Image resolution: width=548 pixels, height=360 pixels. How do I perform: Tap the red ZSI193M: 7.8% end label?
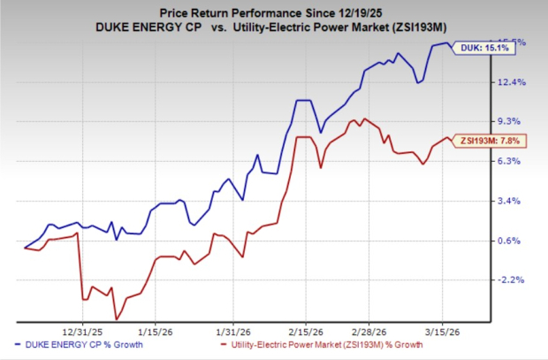490,141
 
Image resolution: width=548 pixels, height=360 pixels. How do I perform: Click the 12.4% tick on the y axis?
514,82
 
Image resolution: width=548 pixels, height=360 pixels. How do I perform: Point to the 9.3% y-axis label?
514,121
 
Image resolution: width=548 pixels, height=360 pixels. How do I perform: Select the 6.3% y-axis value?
514,161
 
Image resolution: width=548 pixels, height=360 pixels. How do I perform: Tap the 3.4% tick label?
514,201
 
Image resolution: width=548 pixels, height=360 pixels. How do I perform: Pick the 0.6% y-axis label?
514,241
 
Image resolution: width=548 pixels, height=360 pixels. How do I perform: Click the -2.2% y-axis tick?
514,280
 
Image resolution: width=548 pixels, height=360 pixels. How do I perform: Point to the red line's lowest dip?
116,319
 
